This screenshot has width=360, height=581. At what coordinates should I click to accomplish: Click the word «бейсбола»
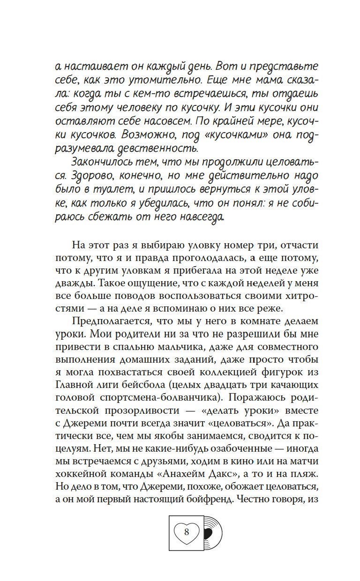pyautogui.click(x=155, y=385)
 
